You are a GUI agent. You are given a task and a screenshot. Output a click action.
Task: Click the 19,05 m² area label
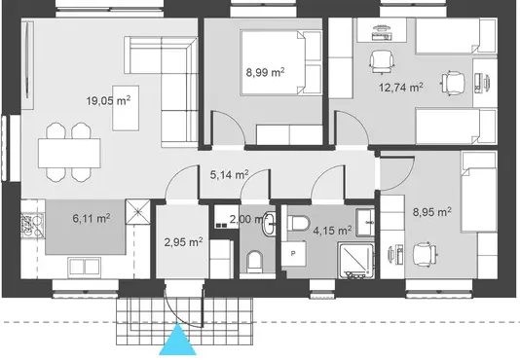pos(108,100)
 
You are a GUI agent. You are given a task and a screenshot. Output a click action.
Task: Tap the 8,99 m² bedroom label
pos(265,72)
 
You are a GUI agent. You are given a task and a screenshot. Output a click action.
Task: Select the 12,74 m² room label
pos(400,88)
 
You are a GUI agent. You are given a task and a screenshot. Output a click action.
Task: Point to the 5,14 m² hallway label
pos(229,174)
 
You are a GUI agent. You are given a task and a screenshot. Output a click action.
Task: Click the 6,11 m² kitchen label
pos(92,218)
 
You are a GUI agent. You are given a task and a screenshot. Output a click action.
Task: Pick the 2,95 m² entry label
pos(183,242)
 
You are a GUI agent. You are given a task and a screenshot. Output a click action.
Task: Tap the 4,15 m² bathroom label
pos(332,230)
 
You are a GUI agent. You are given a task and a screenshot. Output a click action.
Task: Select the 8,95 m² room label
pos(431,211)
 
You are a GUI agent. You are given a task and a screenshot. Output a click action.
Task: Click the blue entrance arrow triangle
pos(178,340)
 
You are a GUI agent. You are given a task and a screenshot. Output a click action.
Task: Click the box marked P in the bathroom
pos(293,254)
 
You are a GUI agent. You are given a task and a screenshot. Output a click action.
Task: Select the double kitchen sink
pos(85,267)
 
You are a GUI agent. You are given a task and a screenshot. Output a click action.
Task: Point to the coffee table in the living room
pos(126,108)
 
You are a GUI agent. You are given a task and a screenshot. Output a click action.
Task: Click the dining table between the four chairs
pos(69,153)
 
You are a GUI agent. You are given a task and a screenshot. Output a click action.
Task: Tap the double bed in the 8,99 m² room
pos(281,62)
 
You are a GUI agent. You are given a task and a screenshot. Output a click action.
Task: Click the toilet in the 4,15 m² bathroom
pos(298,223)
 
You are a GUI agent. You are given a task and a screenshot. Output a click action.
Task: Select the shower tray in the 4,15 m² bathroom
pos(356,261)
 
